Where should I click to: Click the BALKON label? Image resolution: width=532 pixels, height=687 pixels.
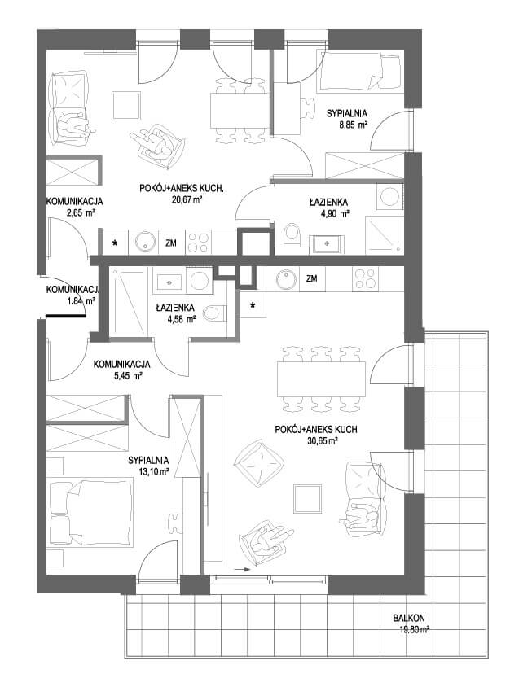[408, 618]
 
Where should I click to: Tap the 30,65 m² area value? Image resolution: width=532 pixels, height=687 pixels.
[323, 441]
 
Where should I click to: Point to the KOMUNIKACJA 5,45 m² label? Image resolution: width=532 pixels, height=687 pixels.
[122, 370]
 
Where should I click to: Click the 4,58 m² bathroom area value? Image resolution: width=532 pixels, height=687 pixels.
[182, 319]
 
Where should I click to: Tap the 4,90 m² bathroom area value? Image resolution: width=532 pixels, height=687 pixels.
[336, 213]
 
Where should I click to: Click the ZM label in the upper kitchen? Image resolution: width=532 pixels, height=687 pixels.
[171, 243]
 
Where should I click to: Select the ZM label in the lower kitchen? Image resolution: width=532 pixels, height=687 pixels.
[312, 278]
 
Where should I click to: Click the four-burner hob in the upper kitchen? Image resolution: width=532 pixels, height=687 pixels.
[198, 243]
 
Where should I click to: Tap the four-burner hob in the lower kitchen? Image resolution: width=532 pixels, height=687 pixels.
[365, 278]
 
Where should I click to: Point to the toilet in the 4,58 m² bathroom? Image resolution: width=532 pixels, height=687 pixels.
[215, 313]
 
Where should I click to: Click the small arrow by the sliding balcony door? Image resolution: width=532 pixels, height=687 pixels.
[242, 570]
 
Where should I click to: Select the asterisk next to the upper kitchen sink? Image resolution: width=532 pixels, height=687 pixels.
[116, 243]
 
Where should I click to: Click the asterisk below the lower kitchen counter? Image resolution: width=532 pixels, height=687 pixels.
[253, 305]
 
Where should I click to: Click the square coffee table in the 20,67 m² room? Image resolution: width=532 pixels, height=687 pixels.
[126, 106]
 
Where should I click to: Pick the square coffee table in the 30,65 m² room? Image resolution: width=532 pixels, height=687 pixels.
[307, 499]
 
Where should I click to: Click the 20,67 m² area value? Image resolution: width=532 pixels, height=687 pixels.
[187, 199]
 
